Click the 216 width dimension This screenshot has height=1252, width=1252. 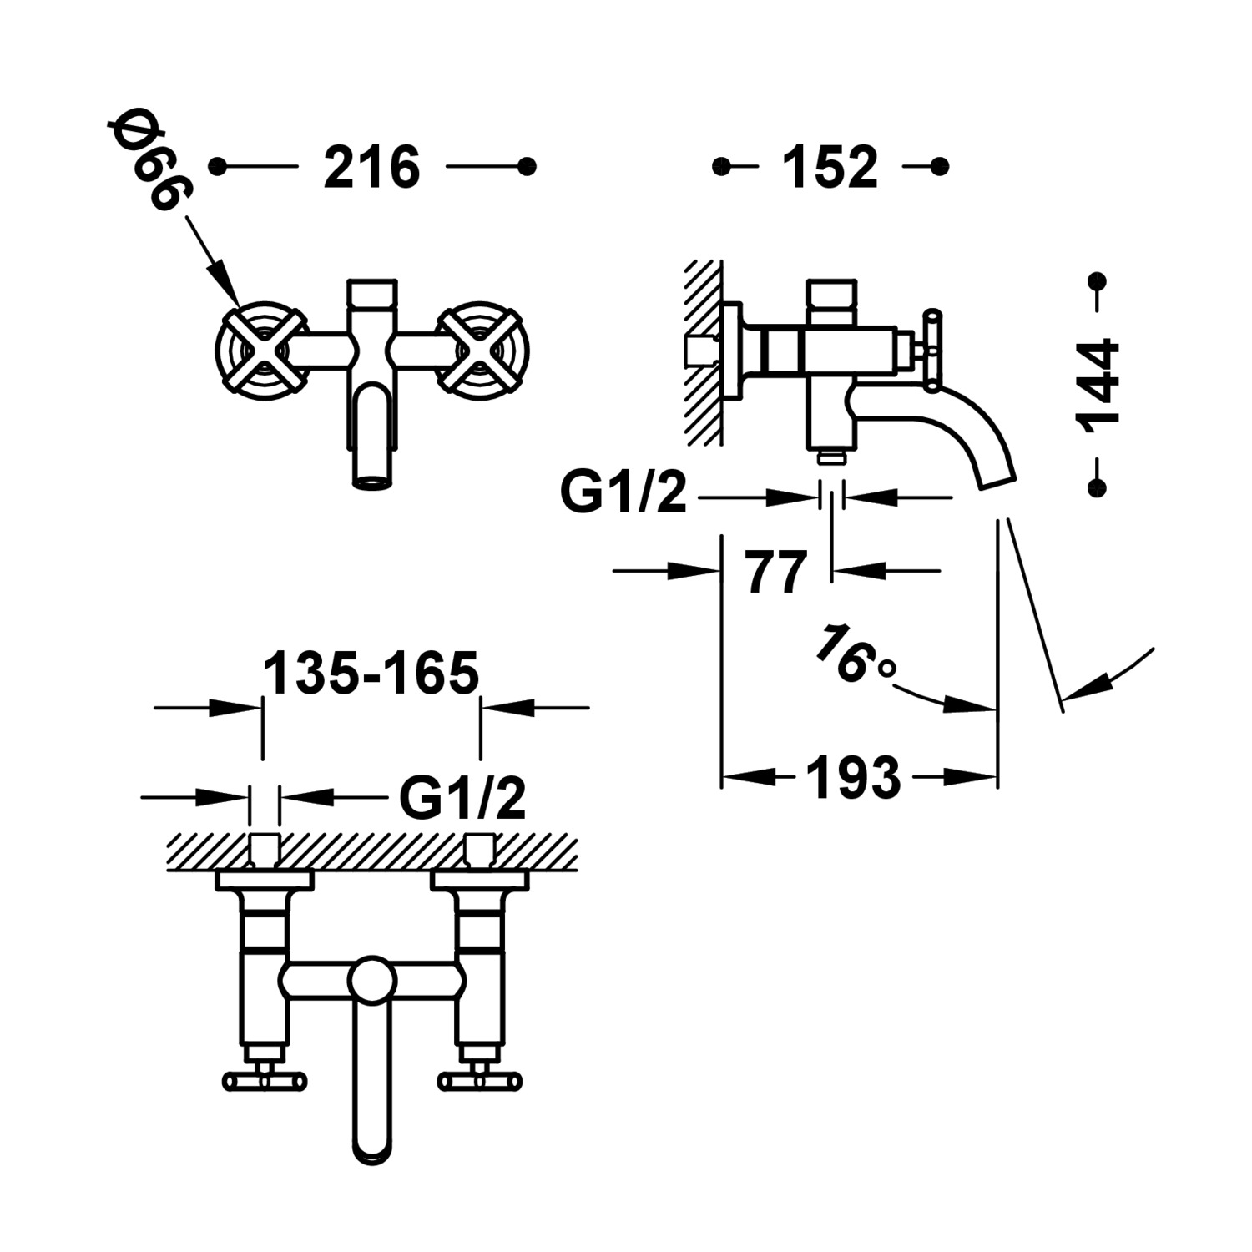[371, 167]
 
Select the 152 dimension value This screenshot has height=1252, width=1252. [830, 167]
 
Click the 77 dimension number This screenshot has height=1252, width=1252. [776, 572]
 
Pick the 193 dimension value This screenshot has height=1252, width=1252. [853, 778]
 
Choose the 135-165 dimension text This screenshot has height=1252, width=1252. [371, 673]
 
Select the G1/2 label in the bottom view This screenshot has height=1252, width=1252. [462, 798]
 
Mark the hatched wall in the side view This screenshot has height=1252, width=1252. [703, 351]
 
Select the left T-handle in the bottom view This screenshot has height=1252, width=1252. [265, 1082]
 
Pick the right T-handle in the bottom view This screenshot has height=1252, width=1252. [481, 1082]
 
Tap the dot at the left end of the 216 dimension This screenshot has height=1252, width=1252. [218, 167]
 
